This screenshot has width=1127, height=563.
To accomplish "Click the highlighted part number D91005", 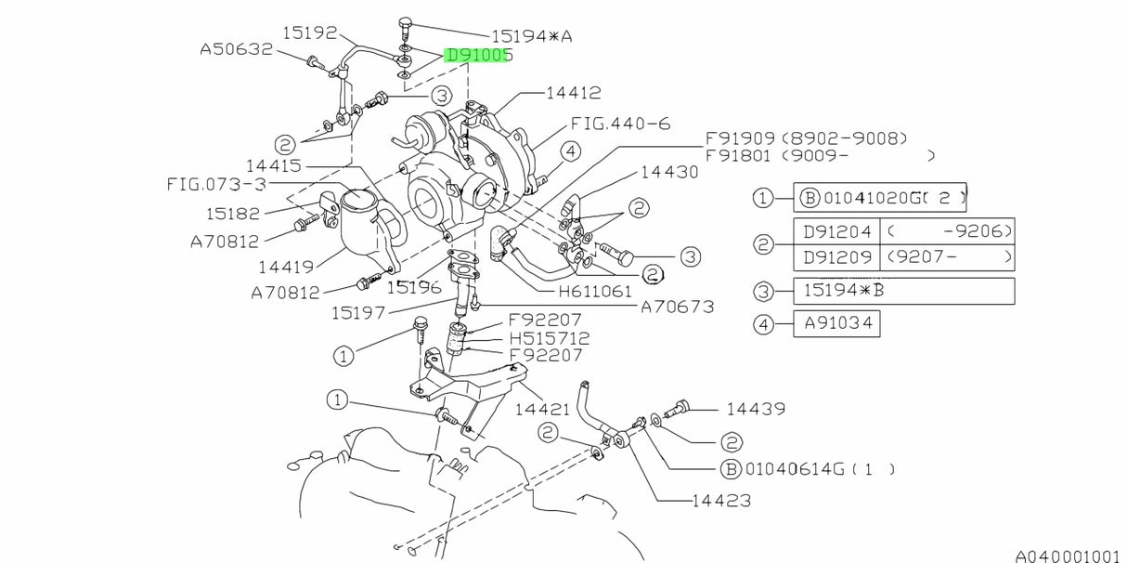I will point(479,56).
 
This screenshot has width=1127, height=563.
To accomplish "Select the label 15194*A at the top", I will point(532,36).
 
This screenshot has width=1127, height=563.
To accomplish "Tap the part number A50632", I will point(237,49).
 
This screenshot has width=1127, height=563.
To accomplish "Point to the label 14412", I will point(573,93).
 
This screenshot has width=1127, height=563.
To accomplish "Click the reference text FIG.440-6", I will point(620,124).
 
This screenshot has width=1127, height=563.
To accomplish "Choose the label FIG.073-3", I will point(216,184).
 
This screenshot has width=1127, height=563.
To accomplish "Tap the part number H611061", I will point(595,292).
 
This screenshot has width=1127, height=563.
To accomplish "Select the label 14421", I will point(543,408).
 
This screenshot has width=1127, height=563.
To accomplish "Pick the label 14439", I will point(756,408).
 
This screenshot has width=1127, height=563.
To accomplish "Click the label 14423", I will point(720,501).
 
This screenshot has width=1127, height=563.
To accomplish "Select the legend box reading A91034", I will point(836,324).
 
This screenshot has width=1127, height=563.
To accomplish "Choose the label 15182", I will point(232,213).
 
